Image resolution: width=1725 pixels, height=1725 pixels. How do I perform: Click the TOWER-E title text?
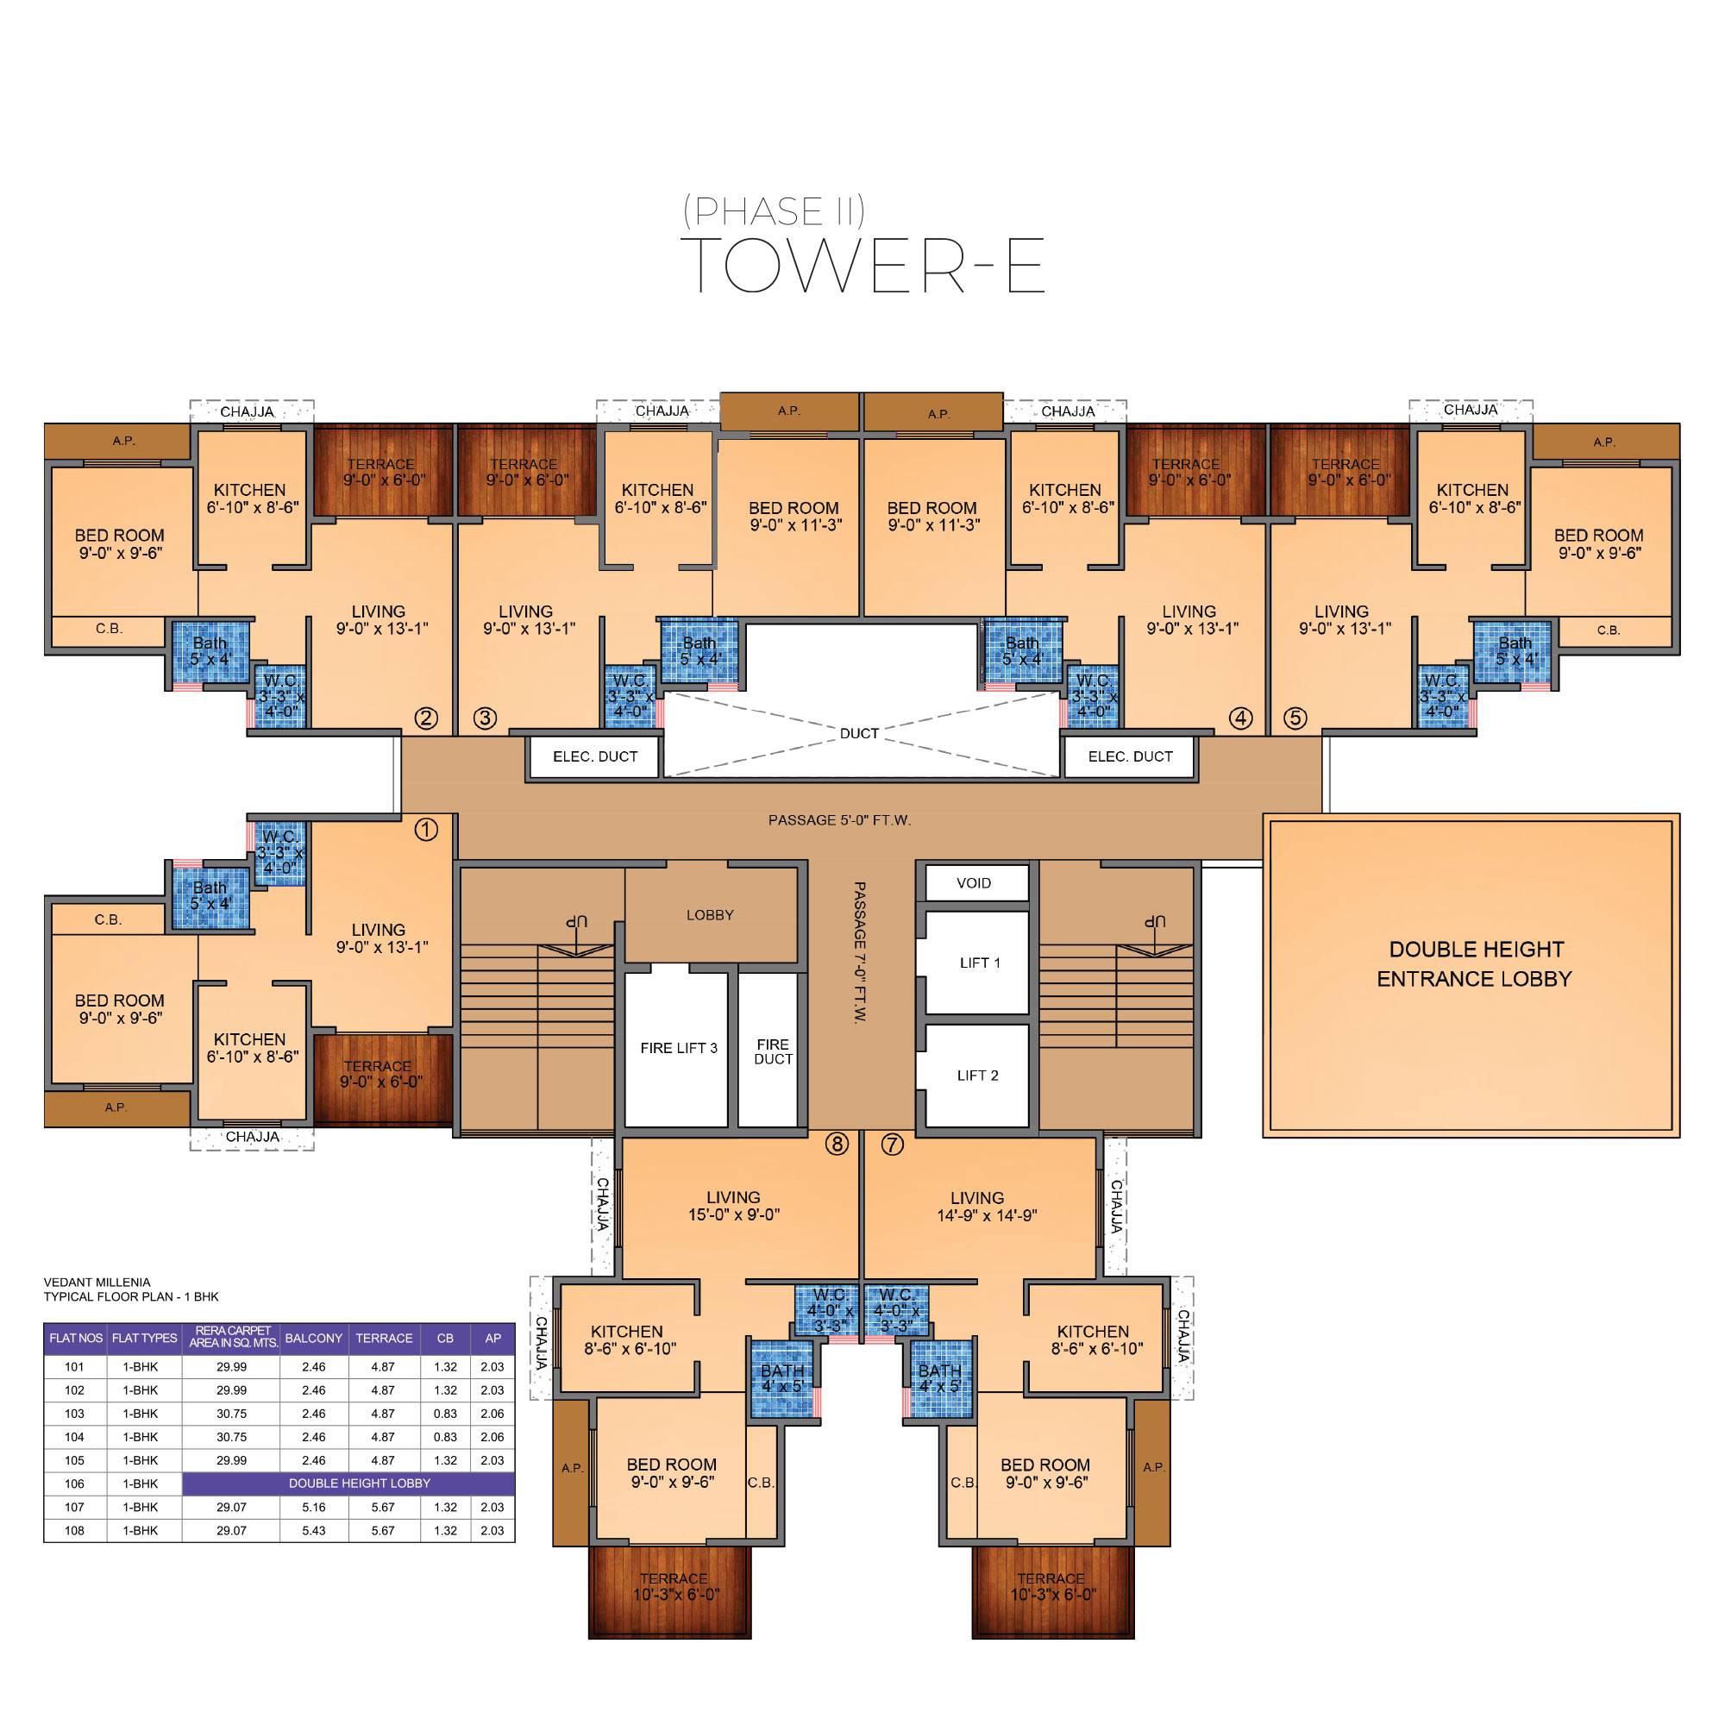click(862, 265)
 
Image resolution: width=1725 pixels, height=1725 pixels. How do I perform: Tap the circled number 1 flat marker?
click(426, 830)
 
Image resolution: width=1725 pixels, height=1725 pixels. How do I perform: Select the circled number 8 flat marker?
click(837, 1144)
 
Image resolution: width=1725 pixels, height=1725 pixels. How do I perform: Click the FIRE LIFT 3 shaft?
click(678, 1048)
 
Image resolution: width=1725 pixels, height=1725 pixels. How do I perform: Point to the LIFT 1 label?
click(980, 963)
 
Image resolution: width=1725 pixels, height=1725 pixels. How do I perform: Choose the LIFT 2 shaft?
click(977, 1075)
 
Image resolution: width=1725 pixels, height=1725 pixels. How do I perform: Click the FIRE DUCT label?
click(772, 1051)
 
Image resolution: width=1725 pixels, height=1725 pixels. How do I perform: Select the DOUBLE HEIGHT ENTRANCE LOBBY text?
click(1475, 964)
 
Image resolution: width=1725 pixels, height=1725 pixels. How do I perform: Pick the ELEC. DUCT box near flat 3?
click(594, 757)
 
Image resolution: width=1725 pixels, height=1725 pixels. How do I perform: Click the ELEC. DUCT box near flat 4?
click(1130, 757)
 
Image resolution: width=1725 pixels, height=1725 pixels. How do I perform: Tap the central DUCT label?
click(859, 734)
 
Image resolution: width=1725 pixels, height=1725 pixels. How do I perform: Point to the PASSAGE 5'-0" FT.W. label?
click(839, 820)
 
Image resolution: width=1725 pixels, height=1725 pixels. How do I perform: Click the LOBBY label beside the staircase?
click(710, 915)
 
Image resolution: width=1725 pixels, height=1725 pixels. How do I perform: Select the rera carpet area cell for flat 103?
click(231, 1414)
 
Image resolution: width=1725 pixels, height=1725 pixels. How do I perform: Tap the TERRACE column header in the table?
click(384, 1339)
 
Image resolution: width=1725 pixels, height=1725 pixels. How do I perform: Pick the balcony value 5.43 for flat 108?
click(313, 1530)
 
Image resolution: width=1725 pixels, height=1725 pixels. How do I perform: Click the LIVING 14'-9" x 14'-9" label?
click(986, 1207)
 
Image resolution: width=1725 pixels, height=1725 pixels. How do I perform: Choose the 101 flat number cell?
click(75, 1367)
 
